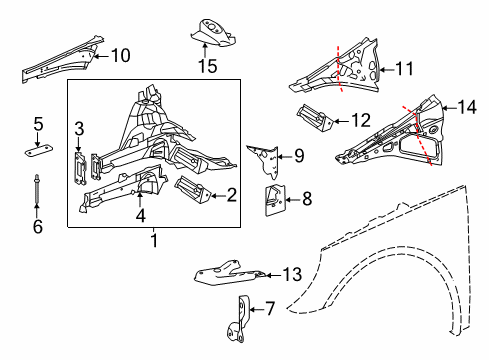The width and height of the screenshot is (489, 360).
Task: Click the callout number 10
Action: pyautogui.click(x=121, y=55)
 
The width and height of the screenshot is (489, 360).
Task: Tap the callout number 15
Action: pyautogui.click(x=208, y=66)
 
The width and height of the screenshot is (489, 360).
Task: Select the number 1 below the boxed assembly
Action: pyautogui.click(x=154, y=240)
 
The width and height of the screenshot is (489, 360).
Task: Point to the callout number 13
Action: pyautogui.click(x=292, y=274)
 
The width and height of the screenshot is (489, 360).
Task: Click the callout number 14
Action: pyautogui.click(x=467, y=107)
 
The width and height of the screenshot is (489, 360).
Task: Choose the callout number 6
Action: pyautogui.click(x=38, y=226)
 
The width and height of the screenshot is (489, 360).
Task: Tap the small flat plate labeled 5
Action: pyautogui.click(x=40, y=151)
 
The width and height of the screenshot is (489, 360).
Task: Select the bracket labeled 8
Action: pyautogui.click(x=275, y=200)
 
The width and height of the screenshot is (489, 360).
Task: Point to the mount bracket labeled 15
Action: pyautogui.click(x=213, y=32)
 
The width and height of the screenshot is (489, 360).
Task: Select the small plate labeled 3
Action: pyautogui.click(x=80, y=167)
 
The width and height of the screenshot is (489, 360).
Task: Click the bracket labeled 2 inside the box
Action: pyautogui.click(x=193, y=191)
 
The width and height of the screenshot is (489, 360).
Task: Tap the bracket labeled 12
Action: pyautogui.click(x=315, y=118)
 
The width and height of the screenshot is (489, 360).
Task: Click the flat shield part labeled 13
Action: pyautogui.click(x=230, y=273)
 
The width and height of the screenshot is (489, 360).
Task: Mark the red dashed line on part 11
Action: pyautogui.click(x=339, y=69)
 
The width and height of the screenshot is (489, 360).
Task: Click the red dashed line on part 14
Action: pyautogui.click(x=418, y=135)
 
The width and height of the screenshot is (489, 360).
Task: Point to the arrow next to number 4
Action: pyautogui.click(x=140, y=199)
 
